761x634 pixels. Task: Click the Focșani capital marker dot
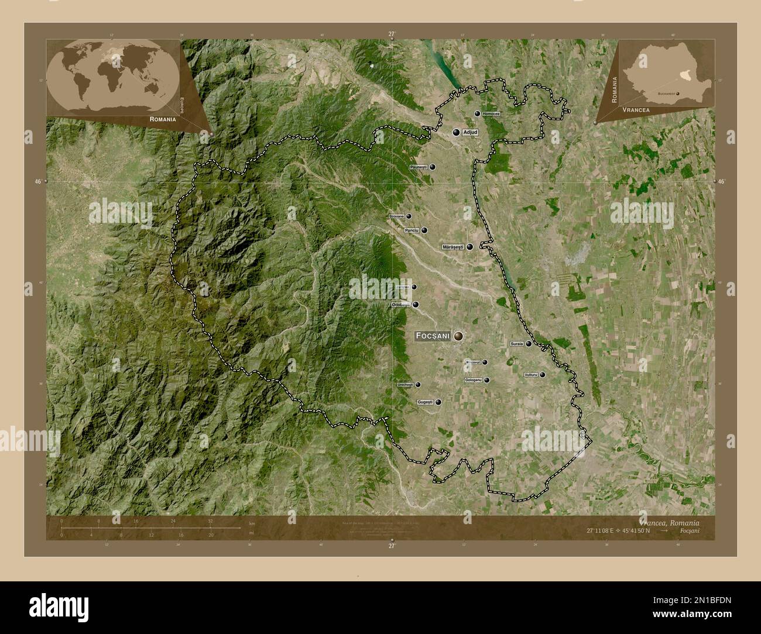click(458, 336)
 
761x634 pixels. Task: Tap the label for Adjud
click(470, 133)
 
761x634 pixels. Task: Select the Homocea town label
click(491, 113)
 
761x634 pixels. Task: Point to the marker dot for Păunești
click(433, 167)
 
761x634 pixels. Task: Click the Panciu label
click(412, 230)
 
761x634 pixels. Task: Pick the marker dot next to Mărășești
click(469, 247)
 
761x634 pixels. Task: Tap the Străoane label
click(396, 216)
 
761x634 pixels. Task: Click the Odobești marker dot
click(416, 305)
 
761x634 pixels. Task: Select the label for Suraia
click(517, 344)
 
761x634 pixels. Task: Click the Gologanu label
click(473, 380)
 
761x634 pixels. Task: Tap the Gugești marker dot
click(438, 402)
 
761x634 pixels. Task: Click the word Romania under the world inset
click(163, 119)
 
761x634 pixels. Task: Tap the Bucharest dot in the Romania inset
click(678, 93)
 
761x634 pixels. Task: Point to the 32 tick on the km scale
click(210, 521)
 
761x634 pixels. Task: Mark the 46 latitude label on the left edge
click(37, 182)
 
